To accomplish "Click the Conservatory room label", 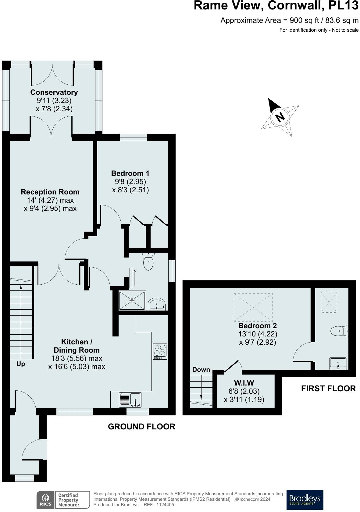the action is [x=54, y=92].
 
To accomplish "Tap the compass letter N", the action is [x=280, y=117].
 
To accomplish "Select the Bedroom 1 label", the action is [x=130, y=173].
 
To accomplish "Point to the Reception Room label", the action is [x=50, y=192].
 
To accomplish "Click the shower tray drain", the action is [x=132, y=300].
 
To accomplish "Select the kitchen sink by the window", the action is [x=130, y=400].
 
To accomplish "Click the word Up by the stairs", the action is [x=20, y=364].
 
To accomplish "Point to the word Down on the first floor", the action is [x=201, y=370].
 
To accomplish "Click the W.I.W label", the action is [x=244, y=383].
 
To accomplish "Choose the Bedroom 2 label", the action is [x=257, y=325].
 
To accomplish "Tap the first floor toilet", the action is [x=339, y=331].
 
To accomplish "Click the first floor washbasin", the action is [x=338, y=363].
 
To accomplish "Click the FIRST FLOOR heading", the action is [x=329, y=389].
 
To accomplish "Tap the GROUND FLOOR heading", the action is [x=141, y=427].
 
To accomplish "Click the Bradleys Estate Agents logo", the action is [x=305, y=500].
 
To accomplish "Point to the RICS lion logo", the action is [x=45, y=500].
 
